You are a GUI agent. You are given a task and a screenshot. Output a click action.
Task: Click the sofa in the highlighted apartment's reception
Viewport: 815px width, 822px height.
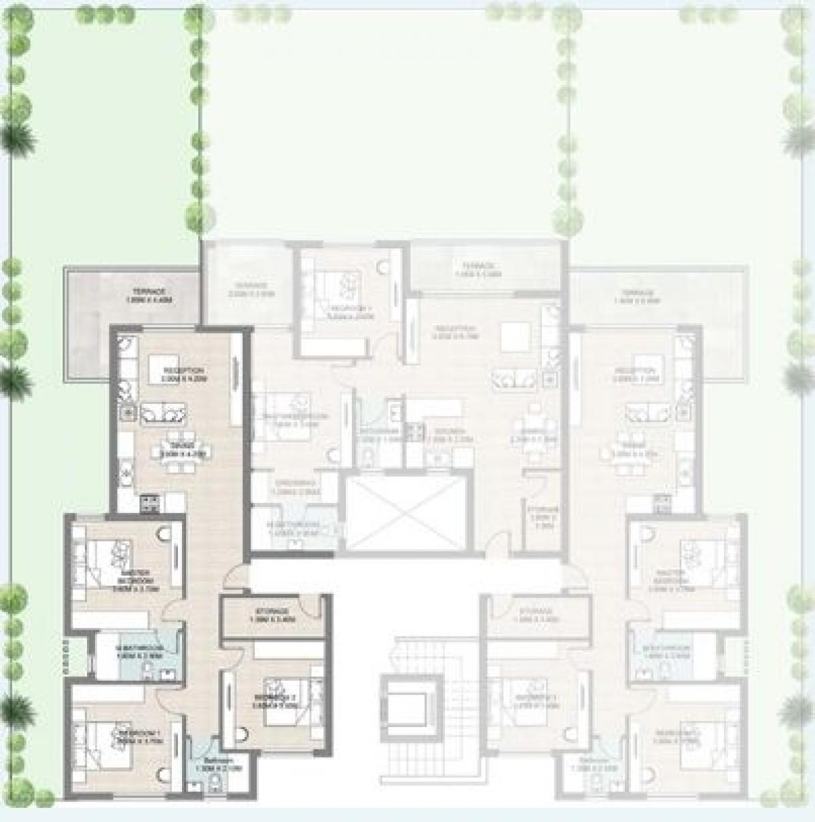click(163, 413)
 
